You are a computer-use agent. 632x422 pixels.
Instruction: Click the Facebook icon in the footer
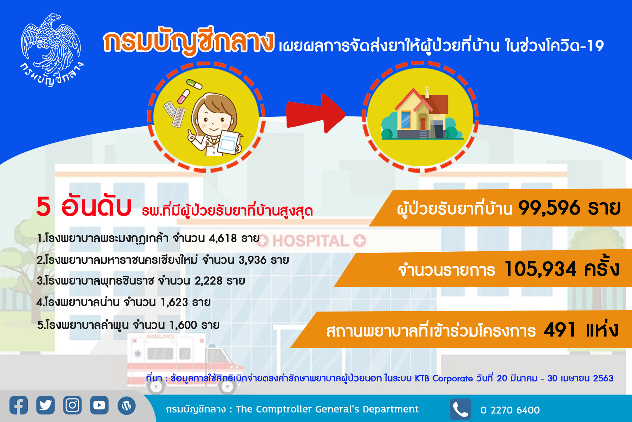coord(19,405)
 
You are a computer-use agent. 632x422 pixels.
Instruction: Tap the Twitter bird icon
coord(46,405)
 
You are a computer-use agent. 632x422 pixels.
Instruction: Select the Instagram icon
coord(72,405)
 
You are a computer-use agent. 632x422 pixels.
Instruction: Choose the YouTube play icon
coord(99,405)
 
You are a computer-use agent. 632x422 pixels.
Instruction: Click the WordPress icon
coord(127,405)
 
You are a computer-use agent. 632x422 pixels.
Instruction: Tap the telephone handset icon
coord(461,409)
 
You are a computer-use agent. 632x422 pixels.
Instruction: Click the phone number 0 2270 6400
coord(510,410)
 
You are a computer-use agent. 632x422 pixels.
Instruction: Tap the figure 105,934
coord(540,269)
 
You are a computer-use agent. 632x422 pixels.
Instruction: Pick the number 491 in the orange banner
coord(560,330)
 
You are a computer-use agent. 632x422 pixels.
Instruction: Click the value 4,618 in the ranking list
coord(223,238)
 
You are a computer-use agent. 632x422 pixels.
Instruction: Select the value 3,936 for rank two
coord(252,260)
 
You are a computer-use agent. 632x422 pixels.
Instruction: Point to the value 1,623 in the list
coord(174,302)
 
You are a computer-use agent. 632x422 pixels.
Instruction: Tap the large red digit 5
coord(44,206)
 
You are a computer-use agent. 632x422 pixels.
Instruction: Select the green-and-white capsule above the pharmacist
coord(194,84)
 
